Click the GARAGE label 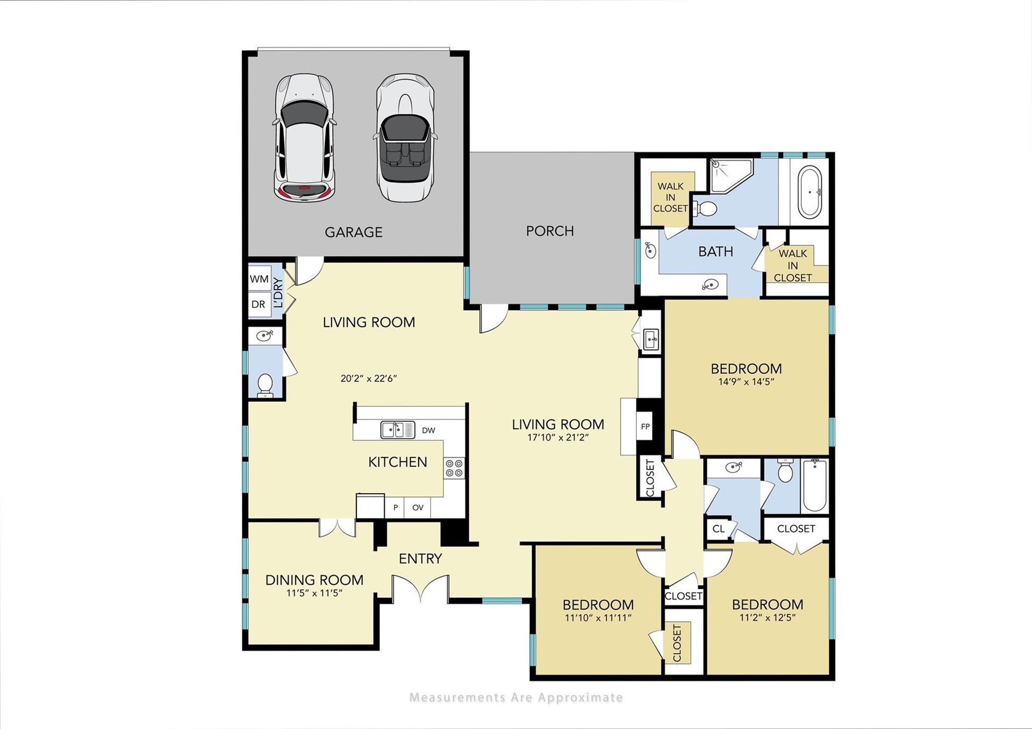click(353, 232)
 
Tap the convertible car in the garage click(405, 138)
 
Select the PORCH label click(550, 231)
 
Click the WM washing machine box click(259, 279)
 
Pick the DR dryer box click(259, 304)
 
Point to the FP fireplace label click(646, 427)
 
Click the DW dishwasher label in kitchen click(428, 430)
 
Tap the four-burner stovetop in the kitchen click(454, 468)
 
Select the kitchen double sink click(398, 430)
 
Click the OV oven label click(418, 507)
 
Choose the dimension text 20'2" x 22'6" click(369, 378)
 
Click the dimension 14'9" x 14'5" click(746, 382)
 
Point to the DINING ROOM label click(314, 580)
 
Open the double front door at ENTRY click(420, 588)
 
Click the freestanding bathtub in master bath click(809, 192)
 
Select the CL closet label click(719, 529)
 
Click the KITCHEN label click(398, 462)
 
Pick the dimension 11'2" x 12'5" click(768, 618)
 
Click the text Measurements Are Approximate click(516, 697)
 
